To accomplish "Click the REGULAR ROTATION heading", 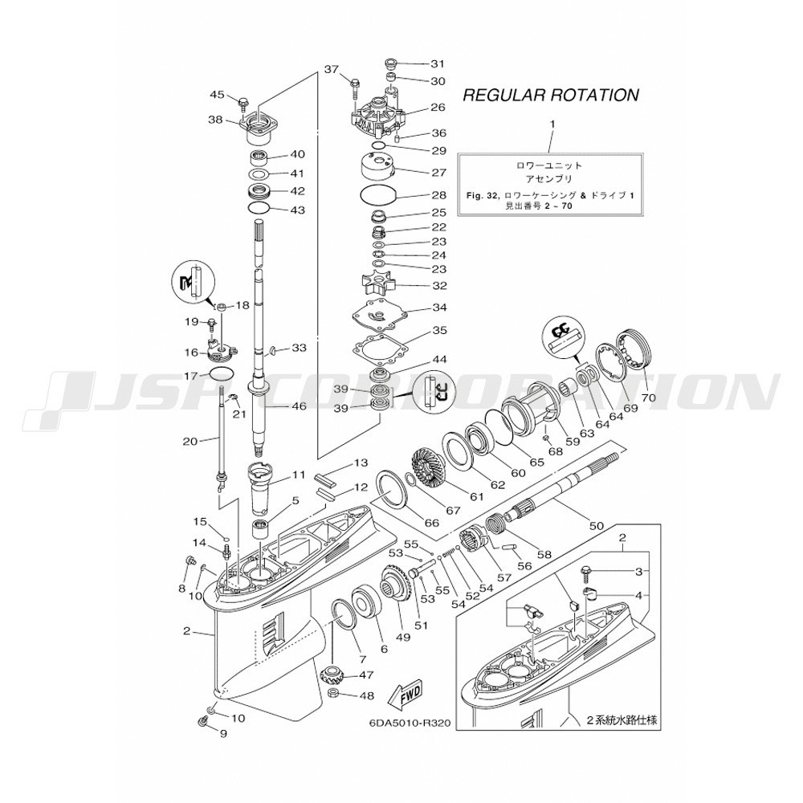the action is (551, 96).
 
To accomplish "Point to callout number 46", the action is (299, 406).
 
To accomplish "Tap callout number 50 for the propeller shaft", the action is (597, 525).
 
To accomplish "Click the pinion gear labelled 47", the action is (333, 679).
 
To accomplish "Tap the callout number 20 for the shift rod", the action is (190, 440).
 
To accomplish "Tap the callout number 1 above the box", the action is (552, 124).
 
